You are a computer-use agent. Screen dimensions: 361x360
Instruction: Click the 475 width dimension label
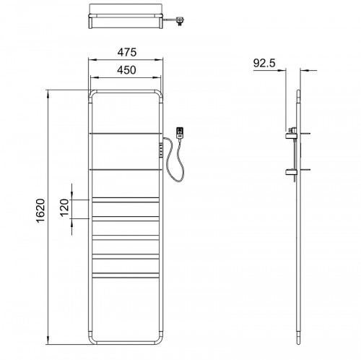(127, 52)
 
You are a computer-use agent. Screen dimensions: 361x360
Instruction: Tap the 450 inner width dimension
(126, 70)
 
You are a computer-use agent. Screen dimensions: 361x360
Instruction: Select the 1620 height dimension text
(40, 210)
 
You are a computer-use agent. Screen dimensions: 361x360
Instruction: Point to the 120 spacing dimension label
(64, 207)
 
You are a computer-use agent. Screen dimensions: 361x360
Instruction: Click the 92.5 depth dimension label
(264, 63)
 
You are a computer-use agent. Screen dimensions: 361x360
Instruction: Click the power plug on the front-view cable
(180, 133)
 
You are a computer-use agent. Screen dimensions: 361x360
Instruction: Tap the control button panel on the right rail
(161, 150)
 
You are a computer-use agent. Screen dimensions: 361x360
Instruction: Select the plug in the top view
(179, 21)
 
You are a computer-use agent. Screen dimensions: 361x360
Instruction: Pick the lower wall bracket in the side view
(291, 172)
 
